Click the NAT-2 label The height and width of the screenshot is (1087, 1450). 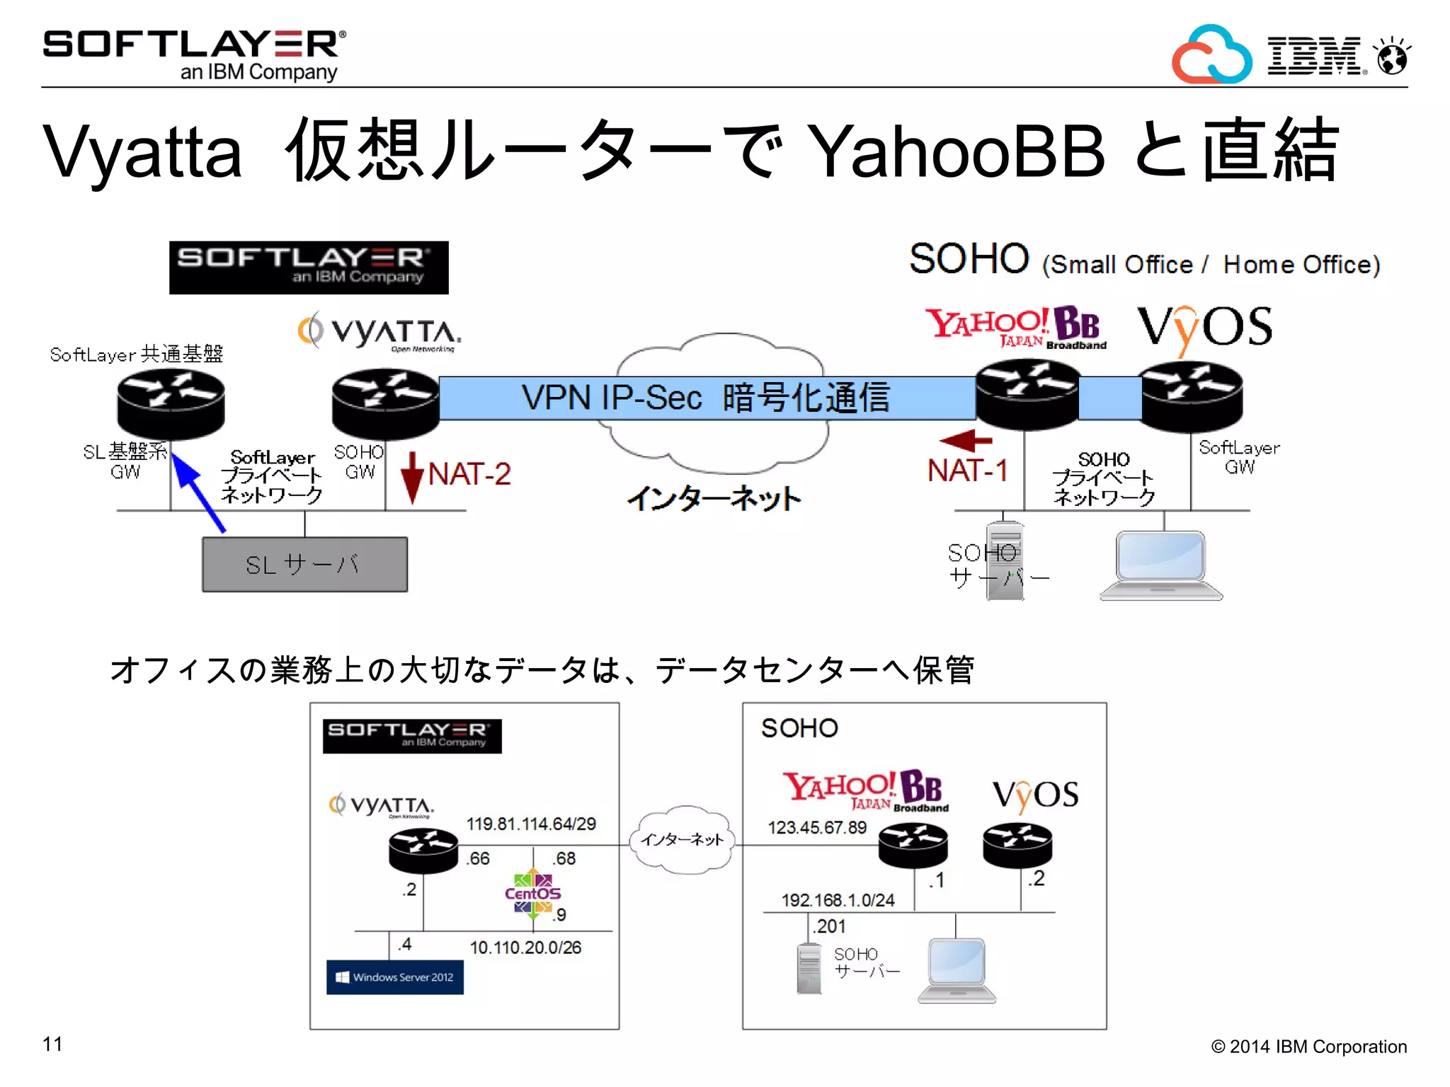[469, 473]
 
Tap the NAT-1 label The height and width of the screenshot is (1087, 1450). [967, 471]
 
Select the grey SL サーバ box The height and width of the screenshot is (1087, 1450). [304, 565]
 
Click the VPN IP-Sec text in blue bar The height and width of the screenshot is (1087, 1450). [612, 397]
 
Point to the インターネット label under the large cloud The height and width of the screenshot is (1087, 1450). [714, 498]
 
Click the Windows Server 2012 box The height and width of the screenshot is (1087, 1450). [395, 977]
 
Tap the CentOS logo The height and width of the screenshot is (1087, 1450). [532, 894]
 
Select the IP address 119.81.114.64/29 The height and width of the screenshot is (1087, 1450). [531, 824]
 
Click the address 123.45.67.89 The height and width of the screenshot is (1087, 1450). [817, 827]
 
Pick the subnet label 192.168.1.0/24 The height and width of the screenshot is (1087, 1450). [838, 900]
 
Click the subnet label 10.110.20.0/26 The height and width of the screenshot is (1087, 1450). [525, 948]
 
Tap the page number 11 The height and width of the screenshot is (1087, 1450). [52, 1044]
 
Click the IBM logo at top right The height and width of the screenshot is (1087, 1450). [1314, 55]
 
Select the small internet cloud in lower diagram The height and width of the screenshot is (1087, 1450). [683, 839]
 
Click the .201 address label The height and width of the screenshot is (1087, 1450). [829, 926]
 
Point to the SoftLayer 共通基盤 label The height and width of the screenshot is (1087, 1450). [136, 354]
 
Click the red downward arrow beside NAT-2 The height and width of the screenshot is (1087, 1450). [412, 478]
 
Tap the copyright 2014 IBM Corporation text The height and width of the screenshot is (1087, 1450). [1308, 1047]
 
